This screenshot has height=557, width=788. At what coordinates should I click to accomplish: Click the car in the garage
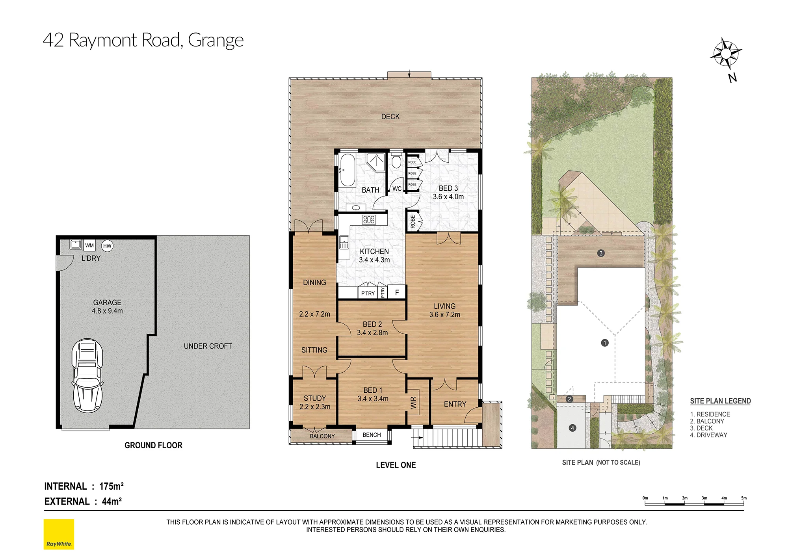point(87,375)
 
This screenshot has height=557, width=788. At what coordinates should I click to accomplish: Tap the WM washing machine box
point(89,245)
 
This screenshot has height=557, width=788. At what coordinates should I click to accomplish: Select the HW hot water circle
point(107,246)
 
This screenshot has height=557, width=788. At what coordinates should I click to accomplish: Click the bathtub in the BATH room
point(348,170)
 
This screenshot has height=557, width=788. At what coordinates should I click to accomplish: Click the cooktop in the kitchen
point(369,219)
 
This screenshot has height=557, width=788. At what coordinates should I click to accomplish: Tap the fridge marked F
point(397,292)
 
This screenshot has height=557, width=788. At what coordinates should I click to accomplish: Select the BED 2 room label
point(372,324)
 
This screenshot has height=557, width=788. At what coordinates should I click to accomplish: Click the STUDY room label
point(315,398)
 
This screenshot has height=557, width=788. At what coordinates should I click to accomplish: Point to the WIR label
point(413,403)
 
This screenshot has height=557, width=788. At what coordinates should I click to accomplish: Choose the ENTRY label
point(455,404)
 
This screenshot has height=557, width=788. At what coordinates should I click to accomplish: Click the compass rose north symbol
point(726,53)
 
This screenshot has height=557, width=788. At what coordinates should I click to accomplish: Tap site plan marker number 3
point(601,253)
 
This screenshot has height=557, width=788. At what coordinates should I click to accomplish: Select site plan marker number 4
point(572,428)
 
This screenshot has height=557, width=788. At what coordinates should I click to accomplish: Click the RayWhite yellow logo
point(59,534)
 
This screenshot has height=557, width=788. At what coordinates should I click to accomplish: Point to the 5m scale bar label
point(744,498)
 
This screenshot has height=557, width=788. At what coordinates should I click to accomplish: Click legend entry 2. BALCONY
point(707,421)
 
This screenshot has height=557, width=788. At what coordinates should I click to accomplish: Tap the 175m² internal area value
point(112,486)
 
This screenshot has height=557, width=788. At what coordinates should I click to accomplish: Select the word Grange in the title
point(216,41)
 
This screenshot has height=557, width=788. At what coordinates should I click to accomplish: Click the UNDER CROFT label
point(208,346)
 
